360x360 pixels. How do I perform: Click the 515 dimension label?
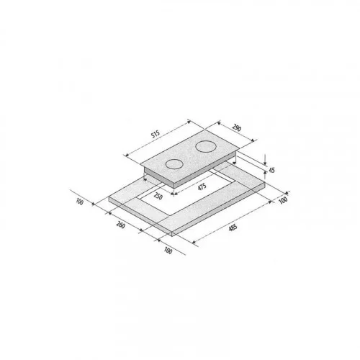pyautogui.click(x=156, y=135)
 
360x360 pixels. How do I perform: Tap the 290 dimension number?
pyautogui.click(x=236, y=128)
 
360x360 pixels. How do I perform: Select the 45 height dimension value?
pyautogui.click(x=271, y=170)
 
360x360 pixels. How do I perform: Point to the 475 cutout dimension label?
pyautogui.click(x=202, y=187)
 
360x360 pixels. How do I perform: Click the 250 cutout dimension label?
pyautogui.click(x=158, y=196)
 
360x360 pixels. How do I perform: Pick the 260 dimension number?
pyautogui.click(x=120, y=225)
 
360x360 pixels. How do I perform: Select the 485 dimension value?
pyautogui.click(x=233, y=228)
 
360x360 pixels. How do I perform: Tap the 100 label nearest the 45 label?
pyautogui.click(x=283, y=200)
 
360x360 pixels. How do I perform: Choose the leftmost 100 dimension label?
pyautogui.click(x=79, y=202)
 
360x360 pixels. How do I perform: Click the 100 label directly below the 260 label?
pyautogui.click(x=168, y=251)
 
